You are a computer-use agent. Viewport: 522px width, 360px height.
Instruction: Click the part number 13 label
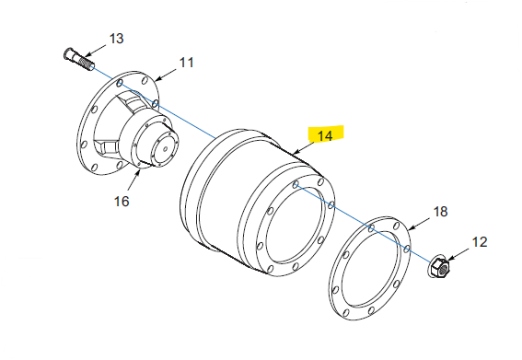click(117, 39)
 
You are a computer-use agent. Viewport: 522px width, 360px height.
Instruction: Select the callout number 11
click(186, 63)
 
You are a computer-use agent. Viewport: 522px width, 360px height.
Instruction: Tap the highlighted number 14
click(325, 136)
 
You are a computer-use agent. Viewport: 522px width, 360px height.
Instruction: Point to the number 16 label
click(122, 201)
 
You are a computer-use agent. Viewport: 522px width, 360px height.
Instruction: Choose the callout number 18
click(440, 212)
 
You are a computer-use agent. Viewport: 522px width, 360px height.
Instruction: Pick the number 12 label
click(480, 242)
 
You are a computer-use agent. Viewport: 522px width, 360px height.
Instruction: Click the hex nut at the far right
click(439, 266)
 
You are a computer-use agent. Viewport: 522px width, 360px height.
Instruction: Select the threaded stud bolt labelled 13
click(78, 59)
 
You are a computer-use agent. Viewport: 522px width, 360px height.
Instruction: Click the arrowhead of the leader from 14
click(294, 153)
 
